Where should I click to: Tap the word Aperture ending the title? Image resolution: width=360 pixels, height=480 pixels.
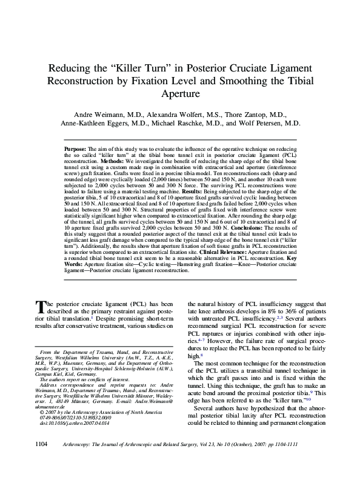pyautogui.click(x=179, y=95)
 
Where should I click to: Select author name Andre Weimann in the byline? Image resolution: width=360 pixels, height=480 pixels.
pyautogui.click(x=105, y=114)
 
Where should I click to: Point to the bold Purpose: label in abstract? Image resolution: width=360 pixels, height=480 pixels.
pyautogui.click(x=75, y=148)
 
